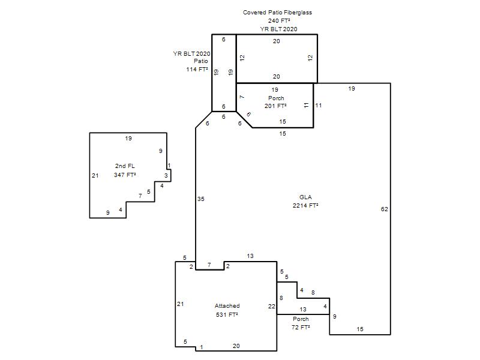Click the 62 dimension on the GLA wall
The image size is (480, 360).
click(x=384, y=209)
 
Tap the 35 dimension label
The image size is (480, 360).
click(x=200, y=199)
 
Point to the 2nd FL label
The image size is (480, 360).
click(x=125, y=166)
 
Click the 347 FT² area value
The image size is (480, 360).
click(x=125, y=175)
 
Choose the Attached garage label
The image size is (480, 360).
click(x=227, y=306)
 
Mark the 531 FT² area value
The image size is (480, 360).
click(x=227, y=314)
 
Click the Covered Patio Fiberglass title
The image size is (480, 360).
click(x=277, y=13)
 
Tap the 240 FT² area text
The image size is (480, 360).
click(x=279, y=21)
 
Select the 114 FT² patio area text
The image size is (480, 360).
click(x=197, y=70)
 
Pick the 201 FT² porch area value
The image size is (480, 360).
click(x=275, y=106)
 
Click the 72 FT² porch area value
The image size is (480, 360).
click(x=301, y=327)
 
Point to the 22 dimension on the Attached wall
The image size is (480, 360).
click(x=272, y=306)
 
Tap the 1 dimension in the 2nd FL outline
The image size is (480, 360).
click(x=169, y=166)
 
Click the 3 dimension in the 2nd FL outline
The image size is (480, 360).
click(x=166, y=176)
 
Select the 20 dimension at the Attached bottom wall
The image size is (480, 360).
click(x=236, y=346)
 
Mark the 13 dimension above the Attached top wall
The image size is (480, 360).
click(x=250, y=256)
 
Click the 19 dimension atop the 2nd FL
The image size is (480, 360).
click(x=128, y=139)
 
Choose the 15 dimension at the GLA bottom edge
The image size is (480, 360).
click(x=360, y=329)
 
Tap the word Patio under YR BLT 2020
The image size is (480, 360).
click(x=201, y=61)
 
